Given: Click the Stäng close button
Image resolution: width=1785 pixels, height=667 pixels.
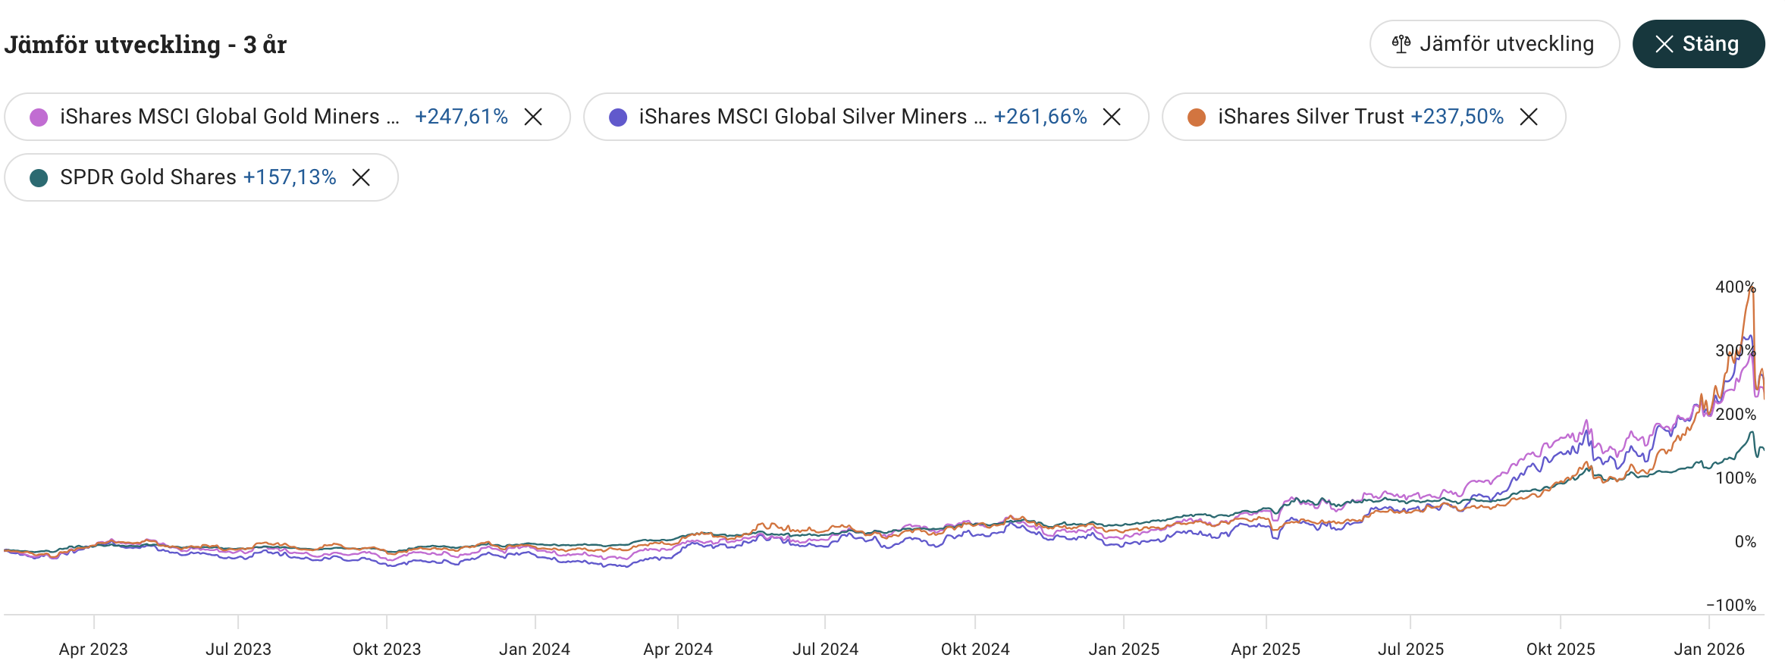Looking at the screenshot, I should (1698, 44).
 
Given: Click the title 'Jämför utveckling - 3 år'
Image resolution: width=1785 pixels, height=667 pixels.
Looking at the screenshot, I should (146, 45).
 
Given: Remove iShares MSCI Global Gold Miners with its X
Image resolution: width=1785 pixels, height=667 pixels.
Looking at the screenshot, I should (533, 117).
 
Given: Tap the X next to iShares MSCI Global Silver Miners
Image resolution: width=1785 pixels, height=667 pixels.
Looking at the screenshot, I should (1112, 117).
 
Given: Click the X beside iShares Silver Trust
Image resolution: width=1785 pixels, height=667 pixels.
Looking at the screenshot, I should (1529, 117).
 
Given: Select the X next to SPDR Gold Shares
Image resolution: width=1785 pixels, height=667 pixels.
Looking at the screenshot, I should (361, 177).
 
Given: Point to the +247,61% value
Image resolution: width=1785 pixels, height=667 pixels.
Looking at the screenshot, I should (461, 117).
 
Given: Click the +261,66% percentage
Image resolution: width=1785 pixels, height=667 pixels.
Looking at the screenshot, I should (1040, 117).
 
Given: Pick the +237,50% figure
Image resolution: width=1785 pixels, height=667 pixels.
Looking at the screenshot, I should (1457, 117).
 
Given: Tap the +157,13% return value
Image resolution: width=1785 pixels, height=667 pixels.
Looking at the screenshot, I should (290, 177).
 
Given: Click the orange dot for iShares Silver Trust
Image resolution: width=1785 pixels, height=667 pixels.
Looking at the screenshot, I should (1197, 117).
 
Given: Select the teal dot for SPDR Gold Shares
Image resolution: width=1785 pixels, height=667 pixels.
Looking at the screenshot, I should (39, 178).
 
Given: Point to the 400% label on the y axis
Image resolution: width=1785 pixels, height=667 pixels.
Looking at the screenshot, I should (1735, 287).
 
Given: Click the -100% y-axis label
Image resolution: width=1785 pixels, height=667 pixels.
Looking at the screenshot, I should (1730, 605).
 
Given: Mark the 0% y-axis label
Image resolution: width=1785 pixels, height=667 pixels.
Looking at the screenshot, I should (1745, 541).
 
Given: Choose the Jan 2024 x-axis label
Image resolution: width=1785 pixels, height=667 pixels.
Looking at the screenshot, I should (535, 650).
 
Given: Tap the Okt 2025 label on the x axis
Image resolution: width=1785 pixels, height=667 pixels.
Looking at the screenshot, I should (1561, 650).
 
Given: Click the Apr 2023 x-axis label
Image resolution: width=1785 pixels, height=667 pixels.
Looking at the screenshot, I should (93, 650).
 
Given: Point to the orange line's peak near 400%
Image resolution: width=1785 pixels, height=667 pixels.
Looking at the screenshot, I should (1752, 287).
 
